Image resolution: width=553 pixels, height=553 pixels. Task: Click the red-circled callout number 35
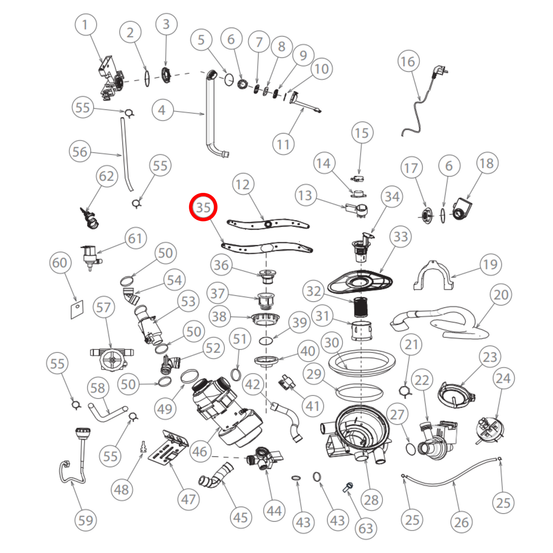click(x=203, y=207)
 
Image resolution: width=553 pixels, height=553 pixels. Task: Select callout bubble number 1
click(x=85, y=25)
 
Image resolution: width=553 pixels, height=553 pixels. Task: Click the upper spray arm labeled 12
click(x=268, y=223)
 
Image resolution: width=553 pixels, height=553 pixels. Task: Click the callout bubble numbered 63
click(x=365, y=528)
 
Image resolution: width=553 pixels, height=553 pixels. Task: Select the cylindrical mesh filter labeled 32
click(x=360, y=307)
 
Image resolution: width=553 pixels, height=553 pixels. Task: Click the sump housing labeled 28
click(x=356, y=432)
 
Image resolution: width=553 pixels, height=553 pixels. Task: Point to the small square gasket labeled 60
click(x=77, y=309)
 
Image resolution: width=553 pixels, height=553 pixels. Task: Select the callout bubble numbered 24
click(x=503, y=378)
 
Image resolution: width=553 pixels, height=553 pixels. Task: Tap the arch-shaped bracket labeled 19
click(x=433, y=276)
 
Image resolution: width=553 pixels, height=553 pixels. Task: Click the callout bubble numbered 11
click(x=283, y=144)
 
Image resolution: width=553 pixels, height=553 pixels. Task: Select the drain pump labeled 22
click(x=436, y=440)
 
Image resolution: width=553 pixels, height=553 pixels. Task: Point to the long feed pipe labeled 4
click(x=210, y=115)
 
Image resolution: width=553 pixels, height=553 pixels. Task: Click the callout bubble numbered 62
click(x=106, y=176)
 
